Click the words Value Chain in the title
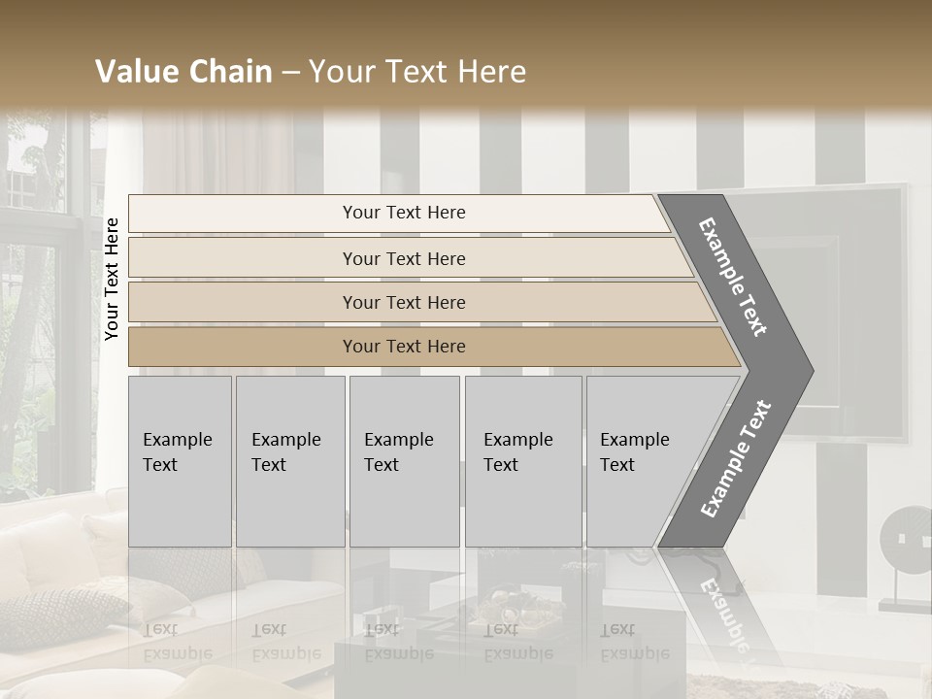coord(183,72)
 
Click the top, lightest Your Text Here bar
coord(403,213)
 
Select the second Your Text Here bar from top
coord(403,258)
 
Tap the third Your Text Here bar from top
coord(403,302)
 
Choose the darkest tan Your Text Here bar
coord(403,347)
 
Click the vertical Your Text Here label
coord(112,279)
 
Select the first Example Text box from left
coord(180,461)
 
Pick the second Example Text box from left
coord(289,461)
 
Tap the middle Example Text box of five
coord(404,461)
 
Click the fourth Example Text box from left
coord(522,461)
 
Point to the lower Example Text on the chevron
coord(735,458)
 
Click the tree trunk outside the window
coord(29,320)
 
